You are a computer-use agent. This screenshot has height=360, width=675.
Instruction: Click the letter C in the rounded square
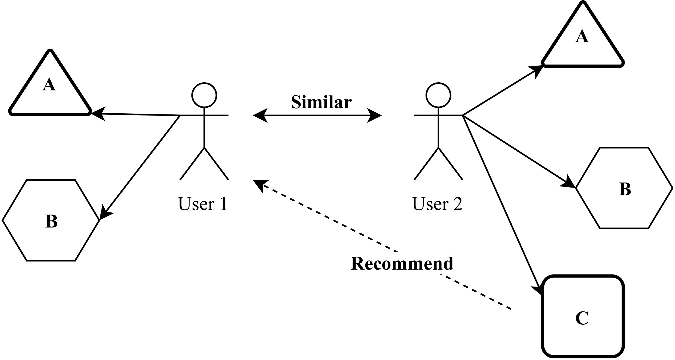(x=582, y=318)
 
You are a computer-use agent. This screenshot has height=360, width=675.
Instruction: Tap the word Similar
(x=321, y=102)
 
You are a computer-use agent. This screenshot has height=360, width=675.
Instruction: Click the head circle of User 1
(x=204, y=95)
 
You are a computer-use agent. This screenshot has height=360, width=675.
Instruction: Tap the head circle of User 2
(x=438, y=95)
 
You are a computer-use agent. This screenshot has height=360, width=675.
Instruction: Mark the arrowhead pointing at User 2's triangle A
(x=536, y=70)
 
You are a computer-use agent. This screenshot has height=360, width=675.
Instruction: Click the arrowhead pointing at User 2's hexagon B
(x=568, y=182)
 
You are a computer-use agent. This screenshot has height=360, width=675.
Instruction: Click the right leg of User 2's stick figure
(x=451, y=164)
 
